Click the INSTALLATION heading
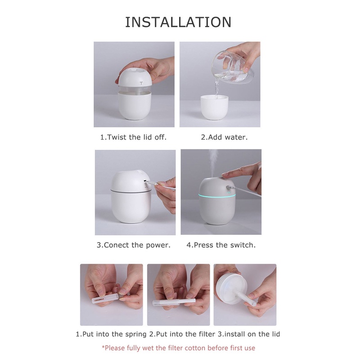click(x=178, y=22)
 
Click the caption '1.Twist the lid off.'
click(x=133, y=137)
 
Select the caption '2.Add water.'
click(x=224, y=137)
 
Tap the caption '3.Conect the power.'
click(x=133, y=245)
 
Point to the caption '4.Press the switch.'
click(x=221, y=245)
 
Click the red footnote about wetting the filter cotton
click(x=178, y=348)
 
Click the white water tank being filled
click(x=215, y=107)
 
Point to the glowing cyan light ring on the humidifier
click(x=217, y=196)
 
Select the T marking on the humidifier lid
click(x=141, y=83)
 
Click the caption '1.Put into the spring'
click(x=111, y=334)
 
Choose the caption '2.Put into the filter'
click(x=182, y=334)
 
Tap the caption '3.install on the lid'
click(x=249, y=334)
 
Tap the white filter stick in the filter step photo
click(x=174, y=302)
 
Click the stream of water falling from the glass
click(x=216, y=88)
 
